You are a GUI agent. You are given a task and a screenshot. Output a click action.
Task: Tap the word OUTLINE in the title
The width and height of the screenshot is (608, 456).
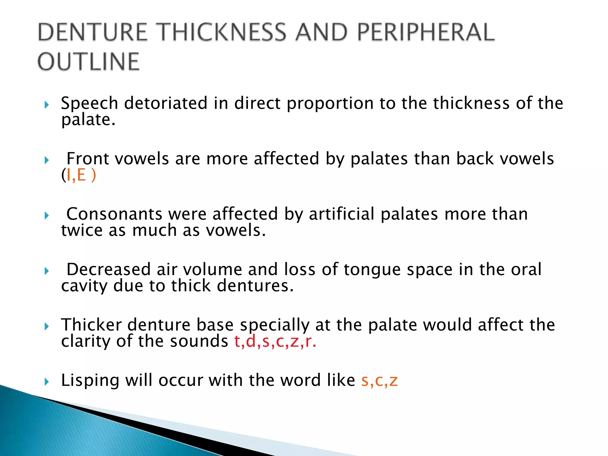coord(88,62)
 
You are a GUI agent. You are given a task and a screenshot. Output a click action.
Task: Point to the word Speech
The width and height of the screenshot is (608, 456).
coord(90,103)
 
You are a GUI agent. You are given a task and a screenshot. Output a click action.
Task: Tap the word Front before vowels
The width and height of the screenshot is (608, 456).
coord(88,159)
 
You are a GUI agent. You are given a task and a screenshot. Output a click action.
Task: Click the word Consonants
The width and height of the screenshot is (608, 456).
coord(114,214)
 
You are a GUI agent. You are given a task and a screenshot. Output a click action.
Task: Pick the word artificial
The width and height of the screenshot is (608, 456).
coord(341,214)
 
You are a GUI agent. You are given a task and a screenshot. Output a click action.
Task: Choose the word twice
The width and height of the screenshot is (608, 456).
coord(82,230)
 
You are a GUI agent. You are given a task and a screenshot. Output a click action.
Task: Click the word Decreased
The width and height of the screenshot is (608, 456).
coord(109,269)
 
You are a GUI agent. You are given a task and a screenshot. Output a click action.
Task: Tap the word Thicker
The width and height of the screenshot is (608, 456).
coord(91,324)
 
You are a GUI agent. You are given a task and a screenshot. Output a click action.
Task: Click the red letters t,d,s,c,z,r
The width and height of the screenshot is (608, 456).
coord(275,341)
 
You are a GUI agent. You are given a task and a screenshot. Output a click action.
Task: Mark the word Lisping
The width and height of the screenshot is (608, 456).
coord(90,381)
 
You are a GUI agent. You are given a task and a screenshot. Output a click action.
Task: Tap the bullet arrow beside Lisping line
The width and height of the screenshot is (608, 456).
coord(47,381)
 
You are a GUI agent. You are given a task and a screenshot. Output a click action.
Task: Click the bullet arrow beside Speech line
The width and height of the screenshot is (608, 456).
coord(47,105)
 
